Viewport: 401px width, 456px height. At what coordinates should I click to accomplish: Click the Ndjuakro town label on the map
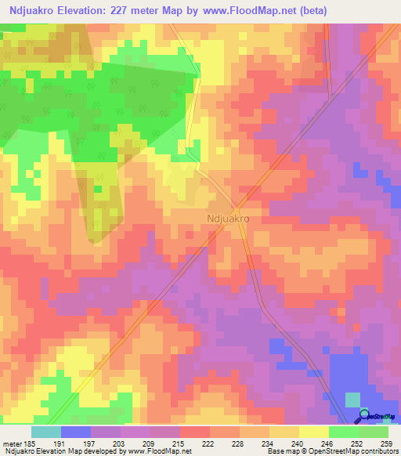(x=228, y=220)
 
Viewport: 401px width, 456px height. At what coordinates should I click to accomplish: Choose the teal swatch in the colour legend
(x=46, y=432)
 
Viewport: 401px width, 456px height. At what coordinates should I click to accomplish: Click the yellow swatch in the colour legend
(x=314, y=432)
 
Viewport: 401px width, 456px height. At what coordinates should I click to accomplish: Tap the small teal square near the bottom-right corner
(x=353, y=400)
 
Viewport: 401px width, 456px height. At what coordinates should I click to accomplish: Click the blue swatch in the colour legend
(x=76, y=432)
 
